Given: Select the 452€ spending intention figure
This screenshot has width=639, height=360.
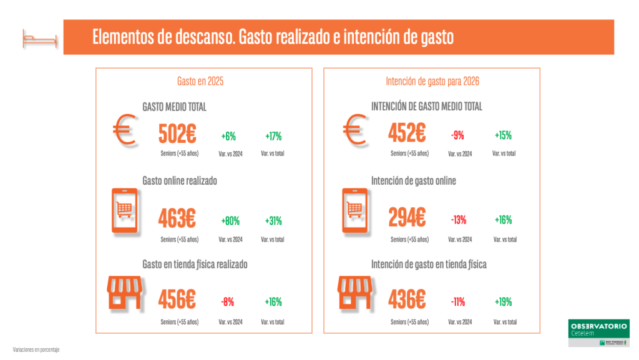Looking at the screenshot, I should pyautogui.click(x=407, y=134).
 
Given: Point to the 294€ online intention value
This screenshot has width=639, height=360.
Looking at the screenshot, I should pyautogui.click(x=407, y=218).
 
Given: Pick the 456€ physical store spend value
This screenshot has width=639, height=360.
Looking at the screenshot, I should pyautogui.click(x=178, y=301).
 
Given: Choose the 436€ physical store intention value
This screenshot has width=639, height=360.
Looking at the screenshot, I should pyautogui.click(x=407, y=301).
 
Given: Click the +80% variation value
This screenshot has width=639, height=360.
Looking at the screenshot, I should pyautogui.click(x=230, y=220).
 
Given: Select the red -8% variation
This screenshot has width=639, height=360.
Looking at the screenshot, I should pyautogui.click(x=227, y=302).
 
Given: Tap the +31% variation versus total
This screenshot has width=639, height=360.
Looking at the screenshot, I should pyautogui.click(x=273, y=220).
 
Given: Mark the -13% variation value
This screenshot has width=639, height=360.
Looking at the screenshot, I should pyautogui.click(x=459, y=220).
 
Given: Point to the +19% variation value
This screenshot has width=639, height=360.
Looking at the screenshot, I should pyautogui.click(x=503, y=302).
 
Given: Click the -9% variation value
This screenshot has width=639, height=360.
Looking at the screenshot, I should pyautogui.click(x=457, y=135).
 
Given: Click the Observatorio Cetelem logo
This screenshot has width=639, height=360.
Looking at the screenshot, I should pyautogui.click(x=599, y=333).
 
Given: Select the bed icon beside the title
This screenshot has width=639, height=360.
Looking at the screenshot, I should pyautogui.click(x=39, y=38).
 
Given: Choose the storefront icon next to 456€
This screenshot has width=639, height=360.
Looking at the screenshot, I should pyautogui.click(x=125, y=293).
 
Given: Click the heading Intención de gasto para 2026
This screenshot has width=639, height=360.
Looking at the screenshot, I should pyautogui.click(x=432, y=81).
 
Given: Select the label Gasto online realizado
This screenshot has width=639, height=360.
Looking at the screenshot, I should pyautogui.click(x=180, y=181).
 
